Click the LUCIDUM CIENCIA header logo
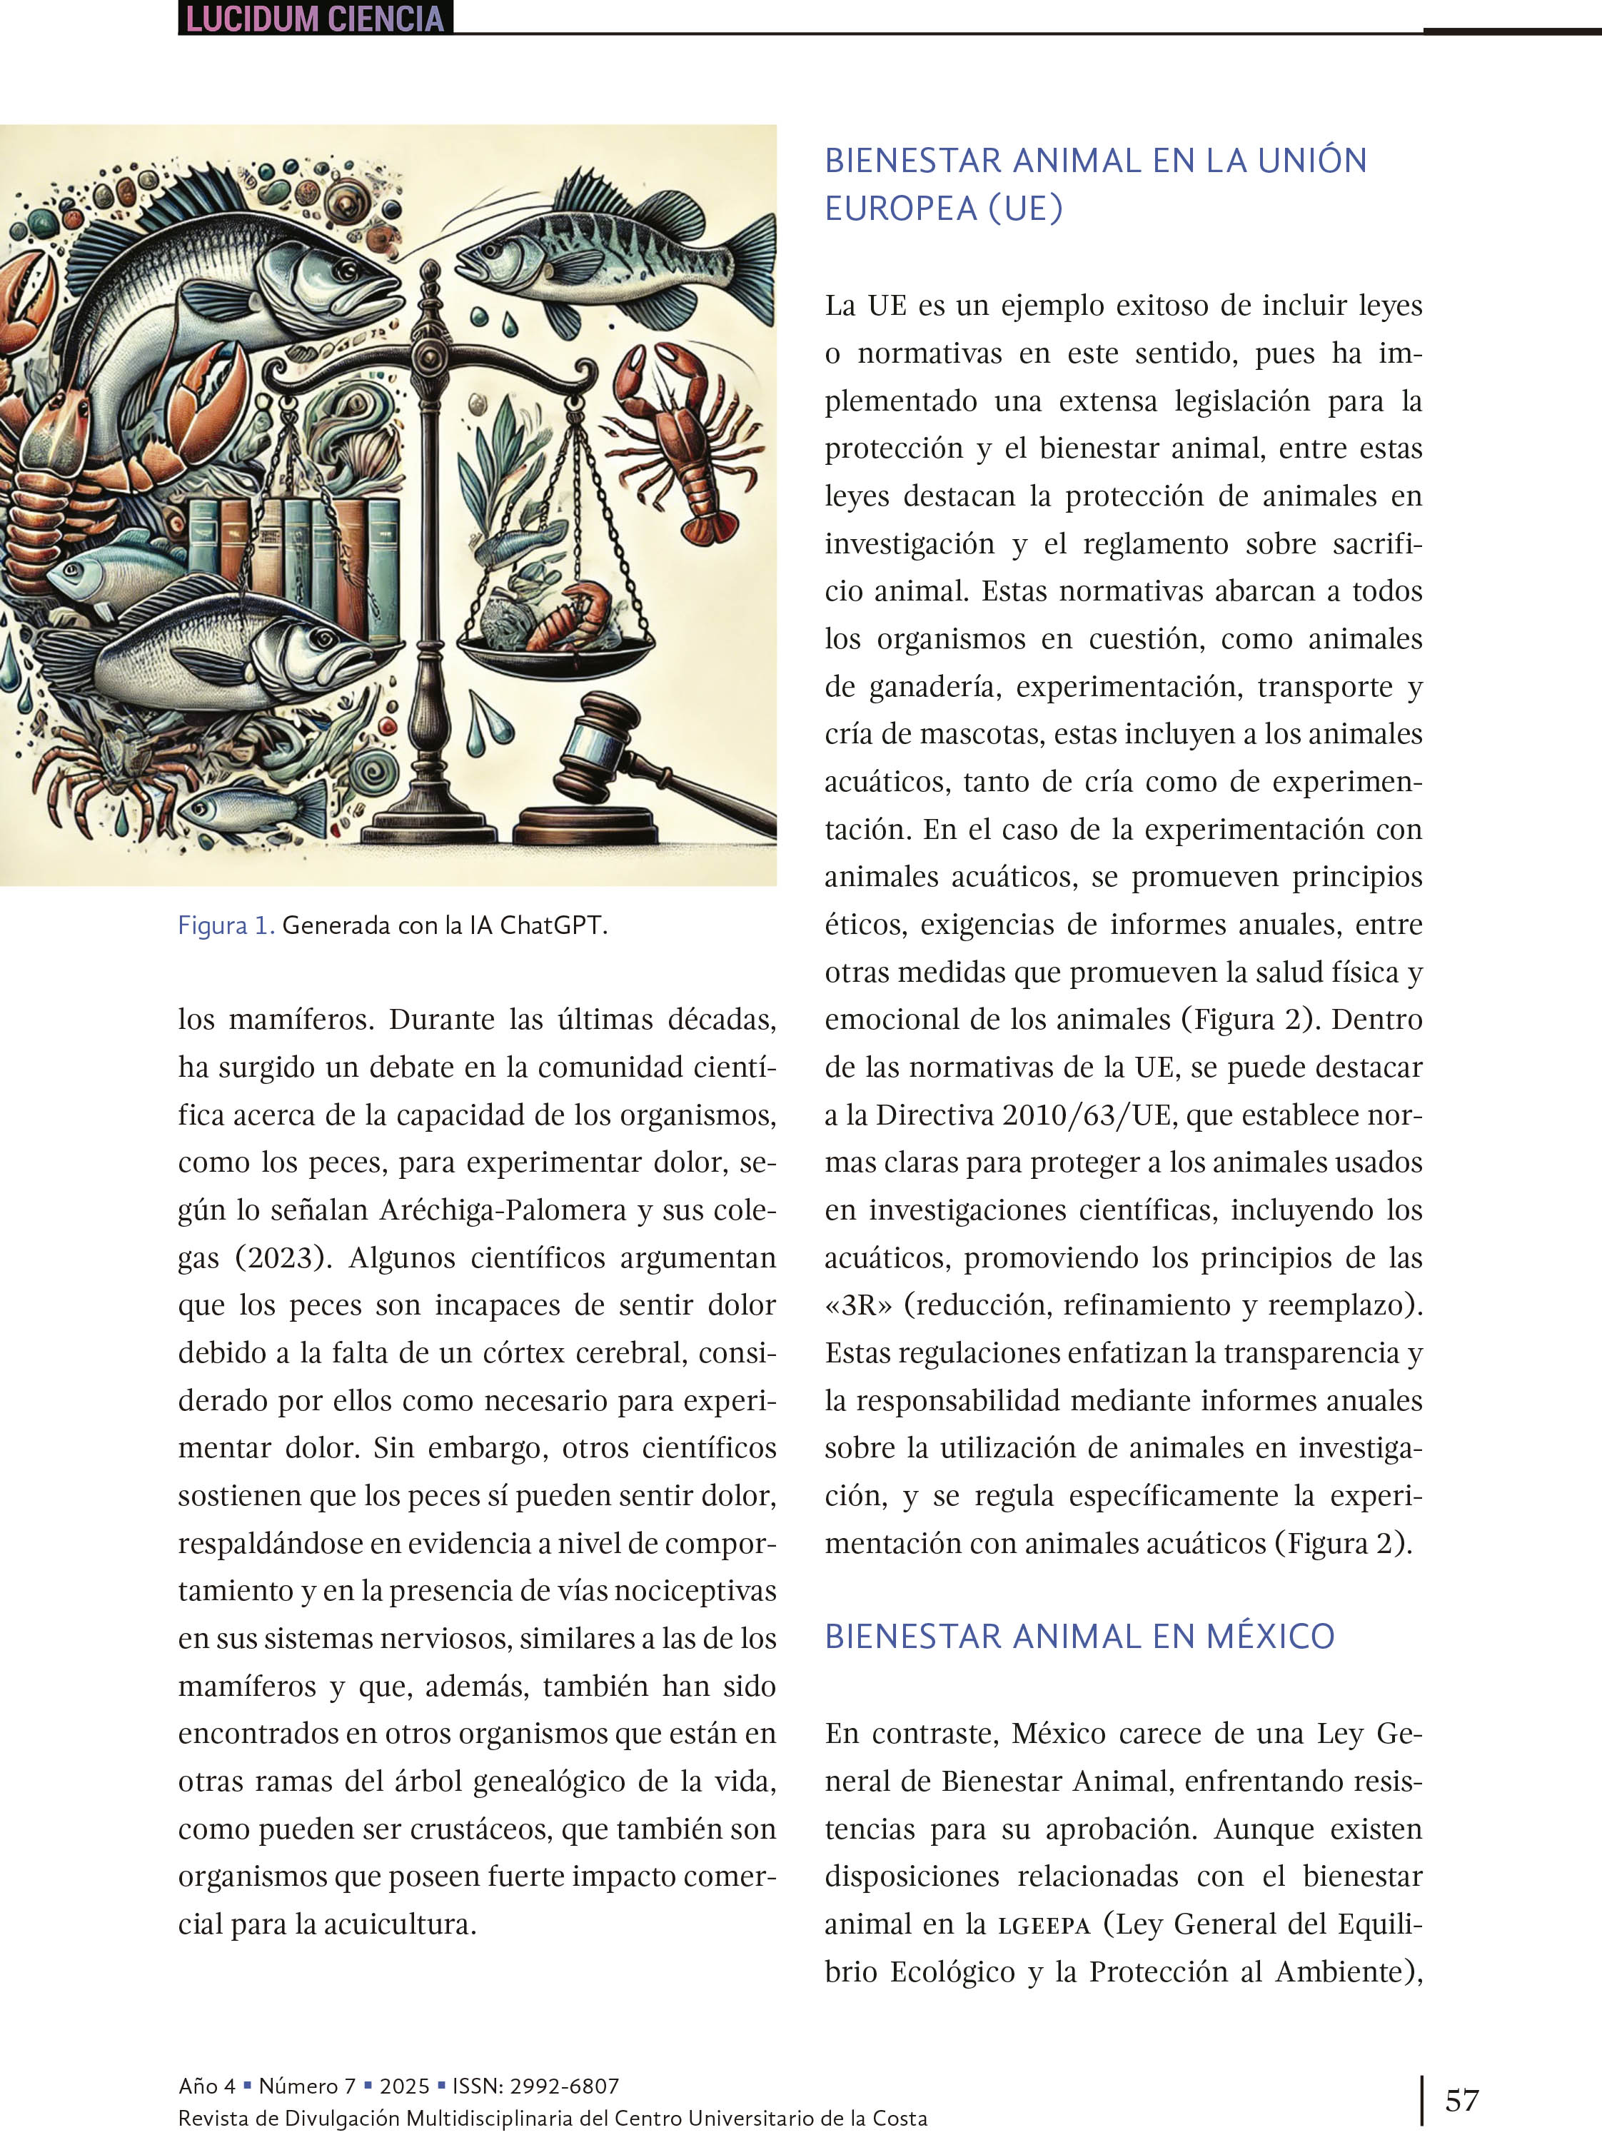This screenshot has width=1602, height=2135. click(315, 19)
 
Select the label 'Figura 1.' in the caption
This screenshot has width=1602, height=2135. click(226, 925)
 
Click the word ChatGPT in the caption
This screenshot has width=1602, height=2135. click(553, 925)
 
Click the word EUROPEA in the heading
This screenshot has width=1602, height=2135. click(900, 209)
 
